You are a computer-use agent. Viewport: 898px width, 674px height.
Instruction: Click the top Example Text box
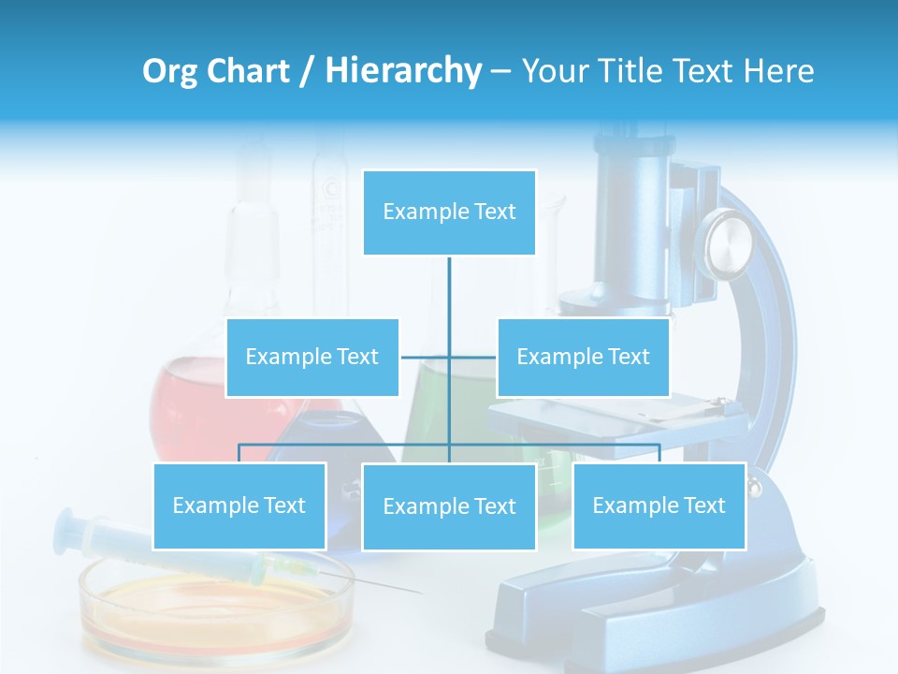coord(449,212)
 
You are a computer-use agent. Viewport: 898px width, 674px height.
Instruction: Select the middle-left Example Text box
coord(312,357)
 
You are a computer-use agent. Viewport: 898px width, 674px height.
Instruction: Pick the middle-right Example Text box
coord(583,357)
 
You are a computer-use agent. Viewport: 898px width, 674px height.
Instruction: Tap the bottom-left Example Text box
coord(239,505)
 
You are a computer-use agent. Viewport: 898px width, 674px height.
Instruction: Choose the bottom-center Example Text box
coord(449,506)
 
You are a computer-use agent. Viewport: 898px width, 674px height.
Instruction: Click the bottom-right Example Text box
coord(659,505)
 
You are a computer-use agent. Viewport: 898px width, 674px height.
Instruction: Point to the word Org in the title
coord(169,71)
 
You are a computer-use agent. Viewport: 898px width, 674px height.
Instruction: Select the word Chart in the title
coord(246,71)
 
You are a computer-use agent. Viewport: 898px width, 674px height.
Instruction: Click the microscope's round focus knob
coord(729,243)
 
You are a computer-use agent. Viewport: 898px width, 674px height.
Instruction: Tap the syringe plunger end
coord(67,528)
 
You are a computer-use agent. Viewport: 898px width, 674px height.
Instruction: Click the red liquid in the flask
coord(187,403)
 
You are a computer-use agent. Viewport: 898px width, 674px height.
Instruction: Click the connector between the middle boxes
coord(449,357)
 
